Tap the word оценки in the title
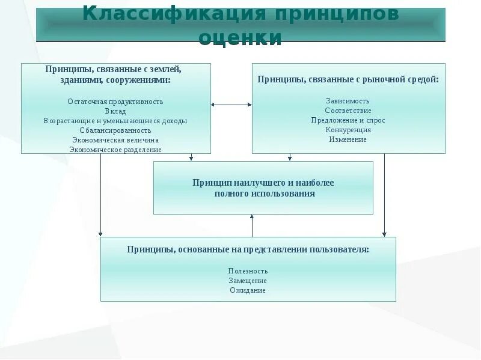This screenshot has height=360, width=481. point(240,37)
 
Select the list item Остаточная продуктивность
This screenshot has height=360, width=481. point(115,102)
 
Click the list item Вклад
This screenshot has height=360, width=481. point(115,111)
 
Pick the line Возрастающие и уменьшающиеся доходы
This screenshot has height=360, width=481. point(115,121)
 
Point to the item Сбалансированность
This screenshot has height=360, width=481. point(115,130)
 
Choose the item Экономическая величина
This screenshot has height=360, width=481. point(115,140)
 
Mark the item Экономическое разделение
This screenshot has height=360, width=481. point(115,150)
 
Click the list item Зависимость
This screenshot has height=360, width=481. point(348,101)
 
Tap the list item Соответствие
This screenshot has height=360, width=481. point(348,111)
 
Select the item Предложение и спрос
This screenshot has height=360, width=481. point(348,120)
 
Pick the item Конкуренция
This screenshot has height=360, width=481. point(348,130)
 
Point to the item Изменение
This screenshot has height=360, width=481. point(348,139)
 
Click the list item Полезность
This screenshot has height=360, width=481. point(248,271)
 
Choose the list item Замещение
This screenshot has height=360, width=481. point(248,281)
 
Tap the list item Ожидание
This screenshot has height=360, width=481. point(248,290)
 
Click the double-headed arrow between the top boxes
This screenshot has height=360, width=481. point(231,105)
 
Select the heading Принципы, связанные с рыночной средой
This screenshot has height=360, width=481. point(348,79)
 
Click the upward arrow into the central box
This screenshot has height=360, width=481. point(252,225)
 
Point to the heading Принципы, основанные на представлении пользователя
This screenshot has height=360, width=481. point(248,249)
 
